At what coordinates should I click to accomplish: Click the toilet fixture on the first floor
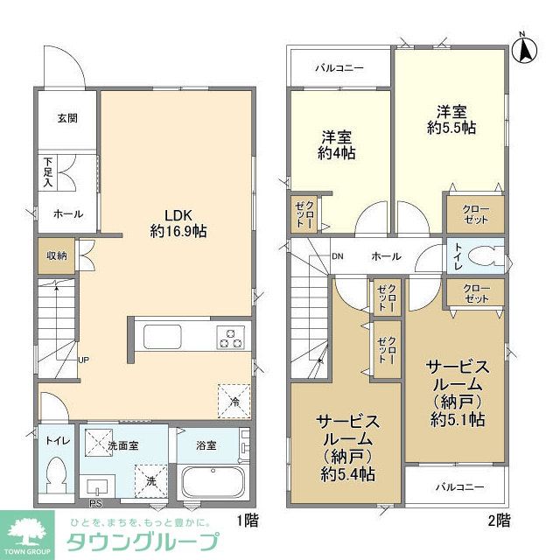tap(59, 476)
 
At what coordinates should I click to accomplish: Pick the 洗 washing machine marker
tap(150, 479)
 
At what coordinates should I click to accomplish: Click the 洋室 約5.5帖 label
tap(451, 119)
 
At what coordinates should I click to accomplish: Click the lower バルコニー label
tap(455, 486)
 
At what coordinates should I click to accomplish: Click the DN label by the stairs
tap(338, 256)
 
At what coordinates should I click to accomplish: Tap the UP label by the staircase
tap(84, 359)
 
